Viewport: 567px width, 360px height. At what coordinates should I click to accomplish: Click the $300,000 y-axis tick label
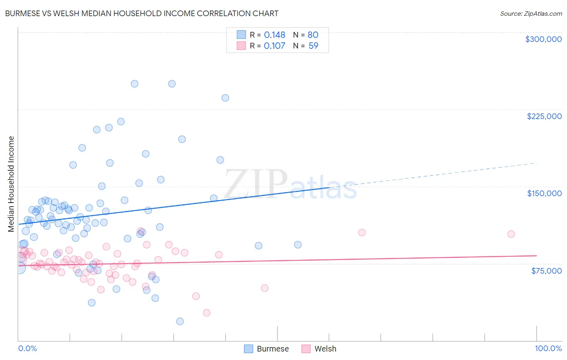pyautogui.click(x=543, y=39)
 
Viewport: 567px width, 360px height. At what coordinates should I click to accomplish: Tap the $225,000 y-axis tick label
pyautogui.click(x=544, y=116)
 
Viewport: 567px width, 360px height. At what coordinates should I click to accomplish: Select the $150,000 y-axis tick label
pyautogui.click(x=544, y=193)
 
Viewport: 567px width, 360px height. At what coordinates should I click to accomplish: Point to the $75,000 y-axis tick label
pyautogui.click(x=546, y=271)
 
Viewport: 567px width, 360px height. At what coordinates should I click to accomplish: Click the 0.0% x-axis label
pyautogui.click(x=27, y=348)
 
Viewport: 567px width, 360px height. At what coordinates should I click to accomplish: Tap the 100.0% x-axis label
pyautogui.click(x=548, y=348)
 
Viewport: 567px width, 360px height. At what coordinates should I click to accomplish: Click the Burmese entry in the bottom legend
pyautogui.click(x=273, y=349)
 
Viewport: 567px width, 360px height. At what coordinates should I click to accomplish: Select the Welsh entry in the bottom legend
pyautogui.click(x=325, y=349)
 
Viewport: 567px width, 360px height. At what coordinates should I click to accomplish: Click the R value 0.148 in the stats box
pyautogui.click(x=274, y=35)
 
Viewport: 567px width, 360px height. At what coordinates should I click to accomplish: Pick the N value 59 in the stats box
pyautogui.click(x=313, y=46)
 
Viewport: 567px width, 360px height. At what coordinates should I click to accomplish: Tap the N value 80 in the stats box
pyautogui.click(x=313, y=35)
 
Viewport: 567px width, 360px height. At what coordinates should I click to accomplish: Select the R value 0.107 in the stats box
pyautogui.click(x=274, y=46)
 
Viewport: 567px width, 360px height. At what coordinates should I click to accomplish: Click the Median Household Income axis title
pyautogui.click(x=11, y=184)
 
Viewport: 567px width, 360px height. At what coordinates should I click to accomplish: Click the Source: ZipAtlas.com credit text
pyautogui.click(x=531, y=14)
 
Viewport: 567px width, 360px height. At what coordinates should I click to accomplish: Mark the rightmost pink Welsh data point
pyautogui.click(x=511, y=234)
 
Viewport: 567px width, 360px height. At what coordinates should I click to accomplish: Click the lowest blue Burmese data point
pyautogui.click(x=180, y=321)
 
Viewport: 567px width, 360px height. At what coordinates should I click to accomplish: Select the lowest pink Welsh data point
pyautogui.click(x=206, y=313)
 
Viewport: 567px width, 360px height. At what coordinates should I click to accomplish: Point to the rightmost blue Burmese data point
pyautogui.click(x=298, y=245)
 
